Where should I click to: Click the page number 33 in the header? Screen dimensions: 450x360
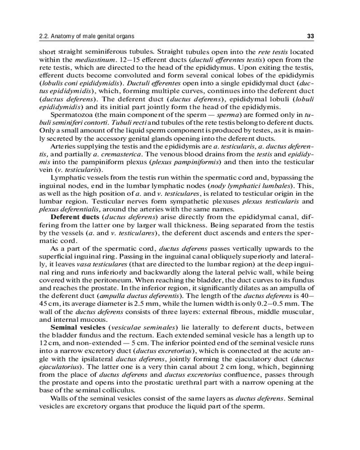310,36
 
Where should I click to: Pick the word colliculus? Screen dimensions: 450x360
121,390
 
